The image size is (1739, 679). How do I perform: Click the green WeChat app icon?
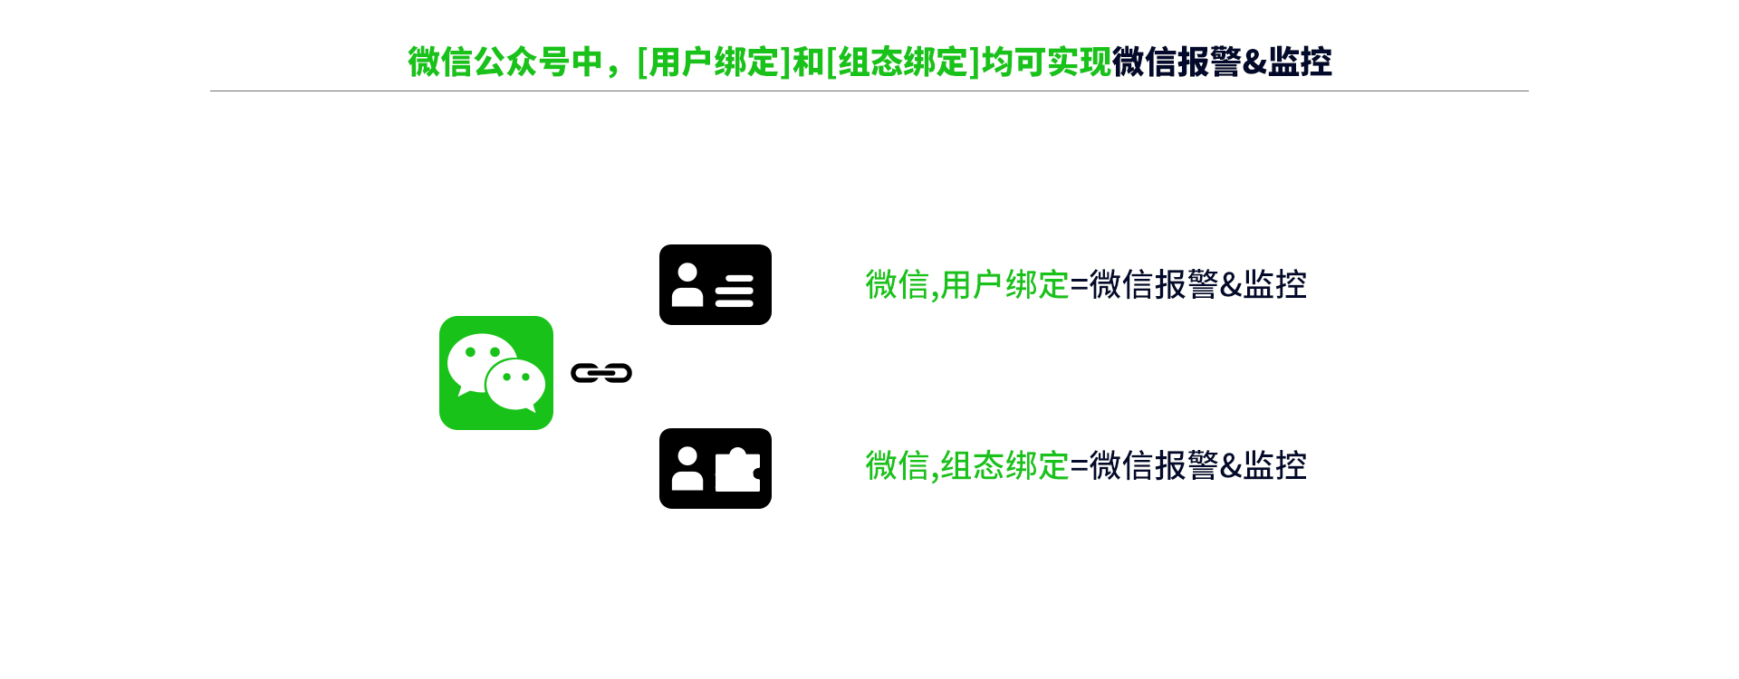[496, 373]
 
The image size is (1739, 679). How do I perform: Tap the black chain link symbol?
[601, 373]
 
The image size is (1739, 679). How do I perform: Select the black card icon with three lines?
[716, 284]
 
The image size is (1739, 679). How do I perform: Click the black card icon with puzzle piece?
[716, 468]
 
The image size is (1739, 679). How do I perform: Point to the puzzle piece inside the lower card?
[737, 470]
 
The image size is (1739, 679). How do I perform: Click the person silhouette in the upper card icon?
[687, 285]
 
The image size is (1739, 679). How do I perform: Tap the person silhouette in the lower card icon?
[687, 469]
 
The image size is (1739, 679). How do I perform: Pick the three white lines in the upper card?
[735, 291]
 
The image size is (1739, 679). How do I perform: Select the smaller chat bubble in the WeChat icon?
[515, 384]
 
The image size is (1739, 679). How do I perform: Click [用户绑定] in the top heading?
[714, 62]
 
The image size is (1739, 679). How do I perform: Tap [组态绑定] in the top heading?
[903, 62]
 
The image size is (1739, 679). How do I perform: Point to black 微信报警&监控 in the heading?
[1222, 62]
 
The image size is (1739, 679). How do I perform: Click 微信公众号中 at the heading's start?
[504, 62]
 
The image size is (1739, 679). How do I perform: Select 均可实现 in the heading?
[1047, 62]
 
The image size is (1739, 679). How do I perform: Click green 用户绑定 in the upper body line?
[1004, 285]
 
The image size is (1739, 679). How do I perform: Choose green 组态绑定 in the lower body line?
[1004, 466]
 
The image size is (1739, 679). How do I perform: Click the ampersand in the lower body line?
[1231, 466]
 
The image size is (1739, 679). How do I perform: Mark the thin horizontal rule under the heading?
[869, 91]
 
